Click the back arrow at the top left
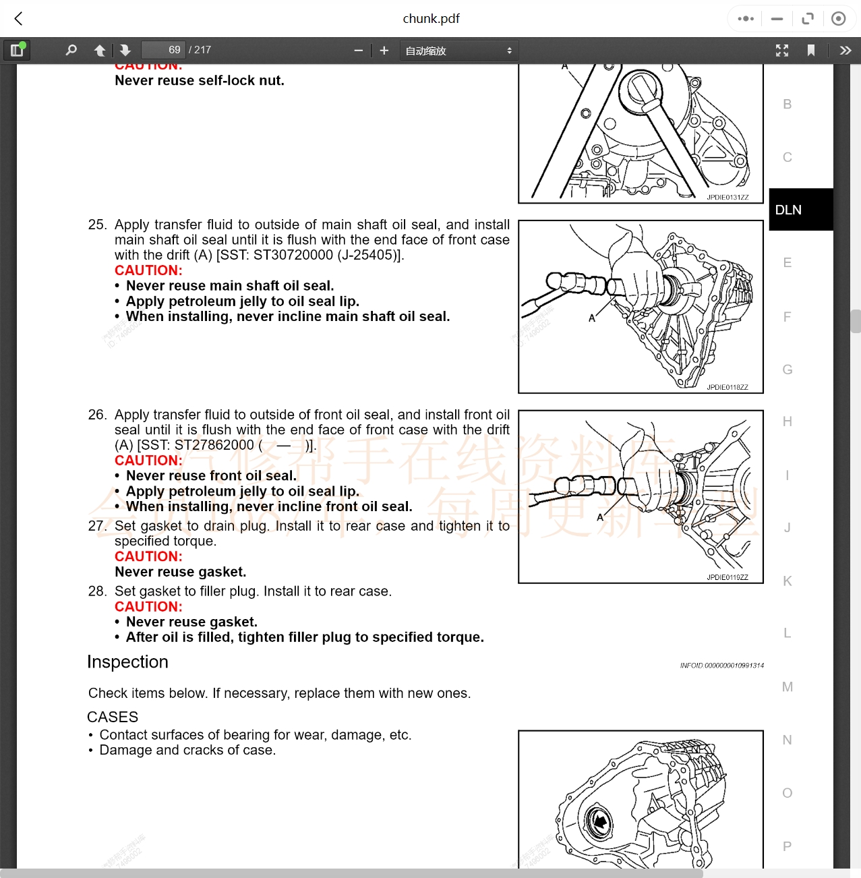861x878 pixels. (19, 19)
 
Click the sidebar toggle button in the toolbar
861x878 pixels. (17, 50)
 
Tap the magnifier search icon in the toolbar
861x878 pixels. (71, 50)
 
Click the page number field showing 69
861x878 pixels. (162, 50)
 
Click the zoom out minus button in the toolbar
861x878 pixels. (358, 51)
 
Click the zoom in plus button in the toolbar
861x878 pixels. (384, 51)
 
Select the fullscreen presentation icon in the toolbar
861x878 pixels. (782, 51)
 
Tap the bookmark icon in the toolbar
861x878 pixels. (811, 51)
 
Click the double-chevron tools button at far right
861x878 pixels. (845, 51)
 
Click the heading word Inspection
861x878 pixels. (127, 662)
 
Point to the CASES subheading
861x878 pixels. (113, 717)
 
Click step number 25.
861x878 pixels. (97, 225)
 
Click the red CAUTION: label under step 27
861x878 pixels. (148, 556)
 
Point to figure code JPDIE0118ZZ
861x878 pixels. (728, 387)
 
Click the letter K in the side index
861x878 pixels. (787, 581)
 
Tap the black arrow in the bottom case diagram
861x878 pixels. (599, 821)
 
